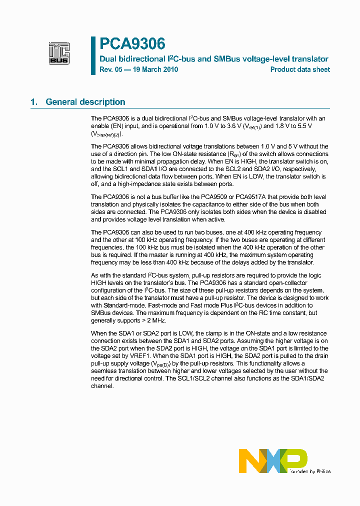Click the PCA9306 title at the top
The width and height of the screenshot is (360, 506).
pyautogui.click(x=132, y=44)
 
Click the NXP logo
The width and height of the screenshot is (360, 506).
pyautogui.click(x=272, y=460)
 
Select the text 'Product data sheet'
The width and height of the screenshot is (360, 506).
pyautogui.click(x=300, y=69)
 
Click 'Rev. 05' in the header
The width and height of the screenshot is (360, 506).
pyautogui.click(x=110, y=69)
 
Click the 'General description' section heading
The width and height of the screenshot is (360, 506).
pyautogui.click(x=85, y=102)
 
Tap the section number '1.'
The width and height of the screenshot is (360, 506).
pyautogui.click(x=34, y=102)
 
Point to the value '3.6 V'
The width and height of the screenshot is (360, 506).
pyautogui.click(x=233, y=126)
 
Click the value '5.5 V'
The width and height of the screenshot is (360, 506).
pyautogui.click(x=303, y=126)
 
